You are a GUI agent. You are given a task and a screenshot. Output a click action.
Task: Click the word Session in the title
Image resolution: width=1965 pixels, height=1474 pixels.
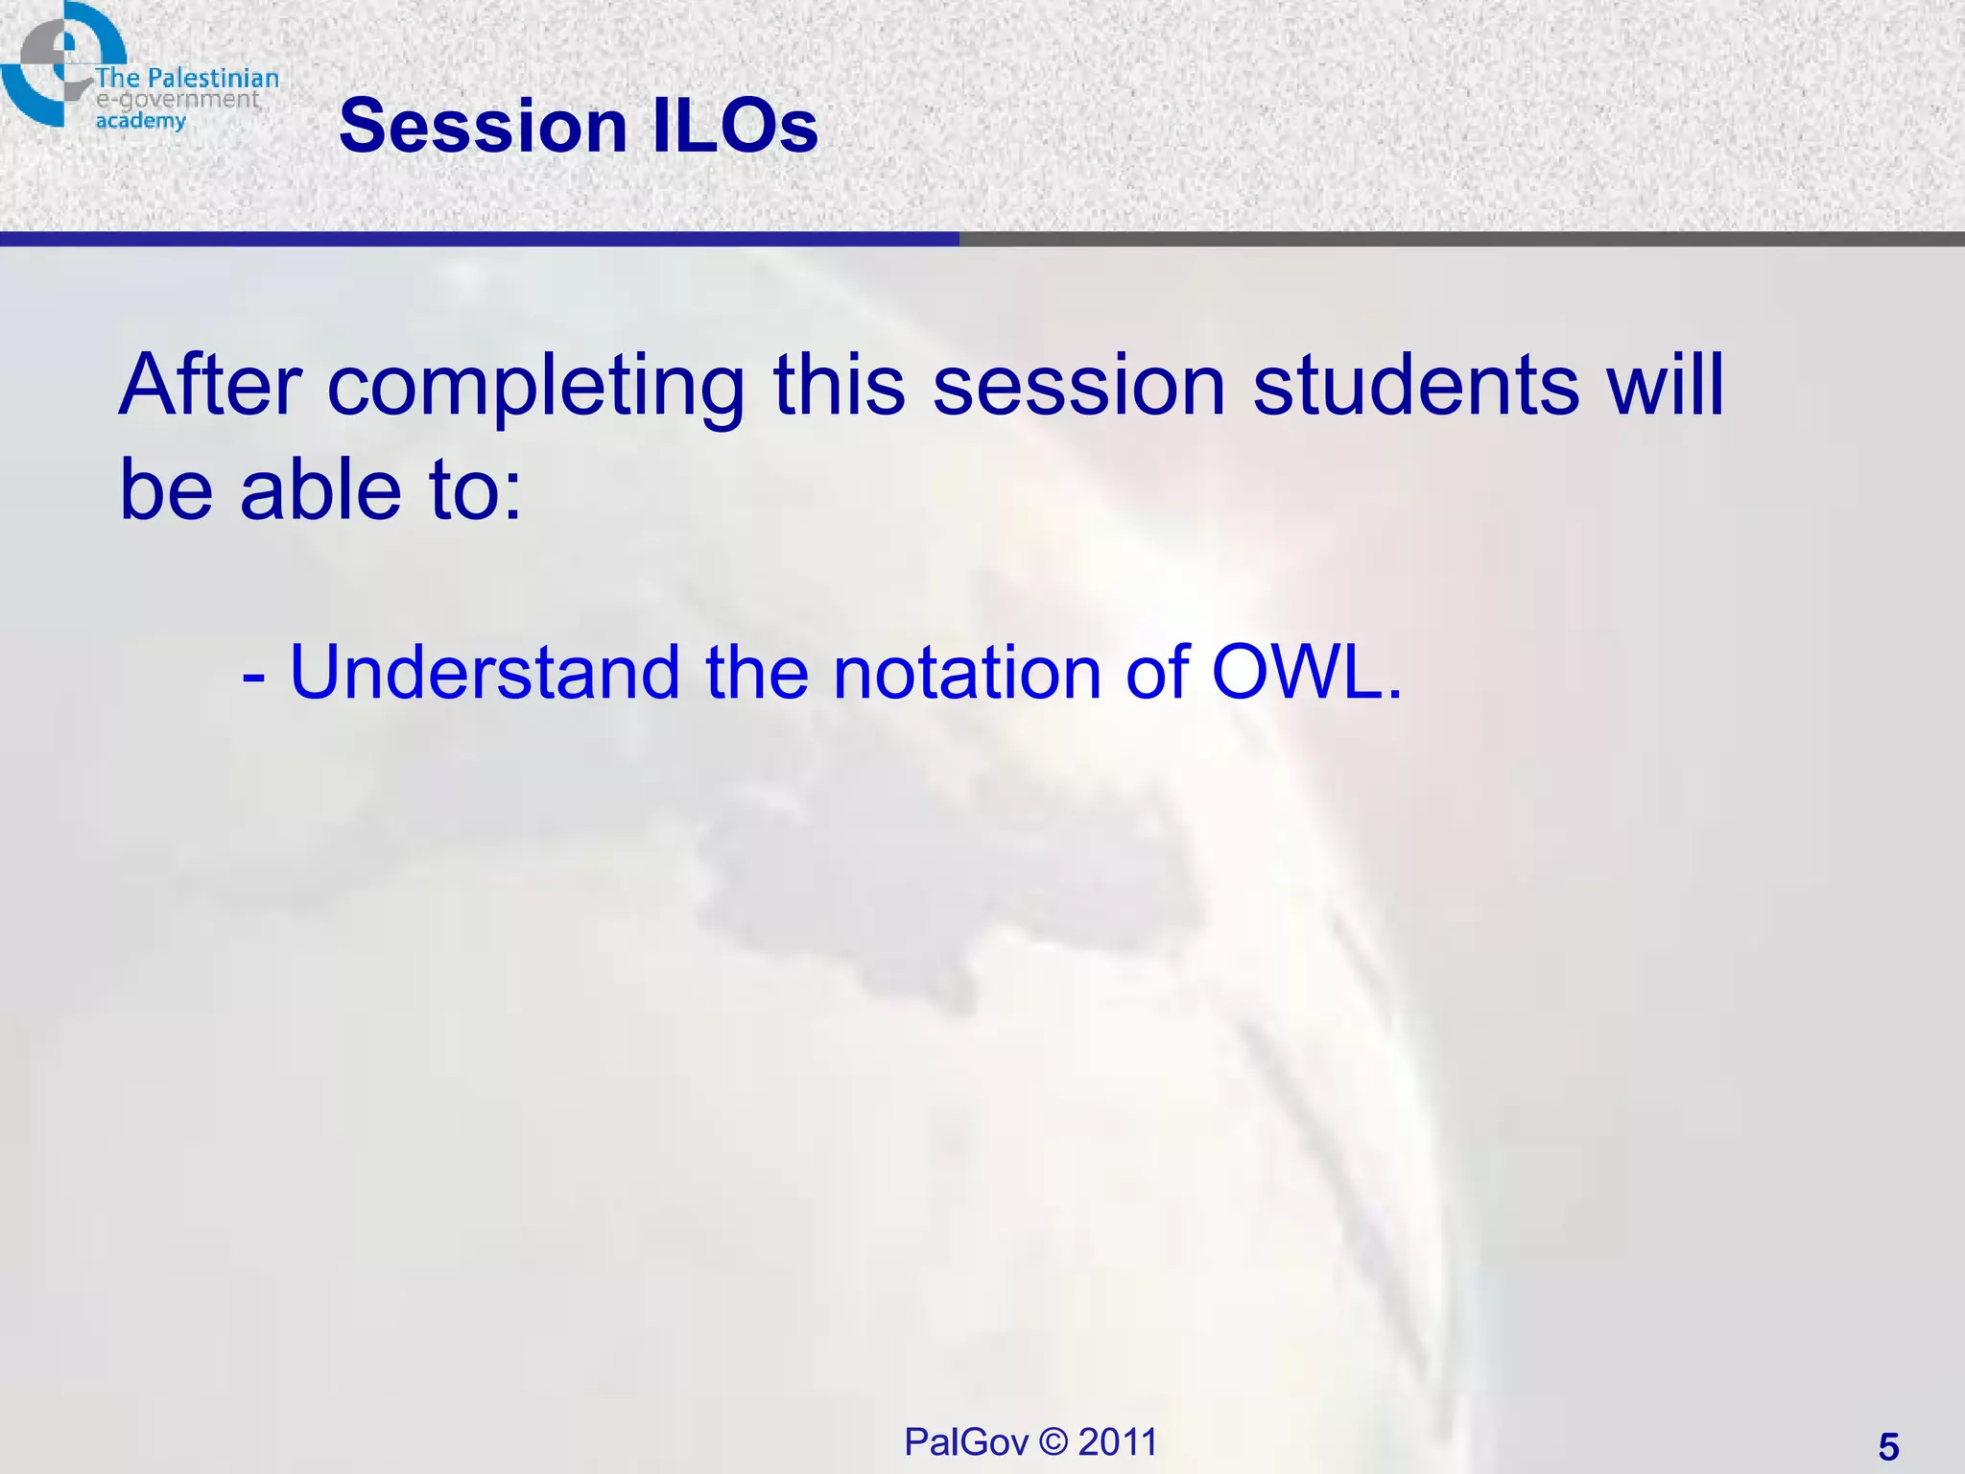coord(482,126)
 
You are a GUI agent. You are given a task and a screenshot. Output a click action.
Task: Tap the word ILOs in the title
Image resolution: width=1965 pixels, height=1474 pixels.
coord(735,126)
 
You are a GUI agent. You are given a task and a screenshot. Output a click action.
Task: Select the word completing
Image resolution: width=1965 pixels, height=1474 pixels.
coord(535,387)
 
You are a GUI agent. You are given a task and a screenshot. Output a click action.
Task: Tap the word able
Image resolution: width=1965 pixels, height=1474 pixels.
coord(320,489)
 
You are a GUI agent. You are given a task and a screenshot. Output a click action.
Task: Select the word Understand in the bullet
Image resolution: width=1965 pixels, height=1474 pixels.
coord(485,672)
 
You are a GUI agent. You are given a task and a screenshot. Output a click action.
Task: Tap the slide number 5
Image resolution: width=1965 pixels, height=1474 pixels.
coord(1888,1446)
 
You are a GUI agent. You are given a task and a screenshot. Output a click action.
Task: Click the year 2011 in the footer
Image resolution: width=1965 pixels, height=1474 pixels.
coord(1118,1441)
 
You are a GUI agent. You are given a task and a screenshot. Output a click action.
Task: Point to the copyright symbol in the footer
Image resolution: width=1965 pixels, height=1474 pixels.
coord(1054,1441)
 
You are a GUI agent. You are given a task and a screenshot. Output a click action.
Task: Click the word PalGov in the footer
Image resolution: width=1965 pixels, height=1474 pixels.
coord(965,1441)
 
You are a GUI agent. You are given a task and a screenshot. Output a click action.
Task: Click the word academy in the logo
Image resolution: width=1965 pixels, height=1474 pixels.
coord(140,121)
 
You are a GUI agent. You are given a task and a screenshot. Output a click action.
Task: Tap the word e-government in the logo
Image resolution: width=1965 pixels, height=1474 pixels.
coord(178,100)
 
